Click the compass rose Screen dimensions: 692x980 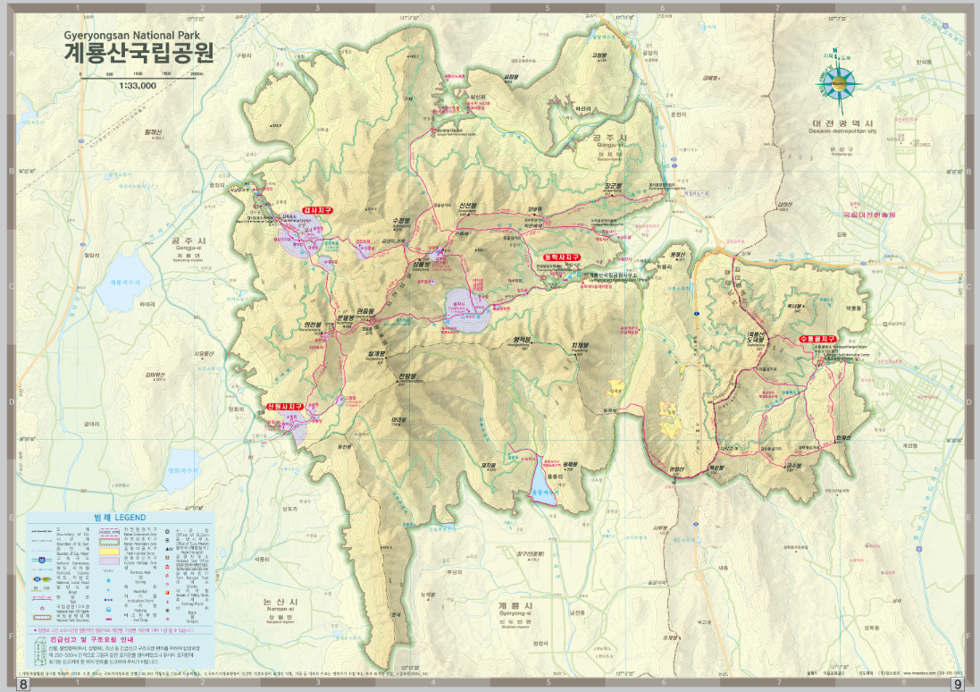coord(837,83)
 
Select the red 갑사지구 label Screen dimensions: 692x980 coord(317,210)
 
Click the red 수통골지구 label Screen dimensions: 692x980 coord(817,340)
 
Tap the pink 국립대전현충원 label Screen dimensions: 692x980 coord(868,215)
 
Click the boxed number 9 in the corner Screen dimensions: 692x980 coord(958,684)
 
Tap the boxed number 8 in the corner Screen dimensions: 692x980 coord(24,684)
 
